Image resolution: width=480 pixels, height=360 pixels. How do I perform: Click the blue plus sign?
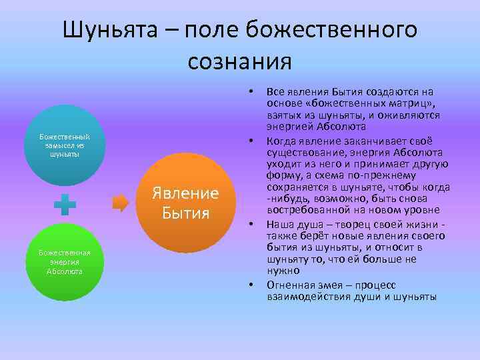tap(65, 205)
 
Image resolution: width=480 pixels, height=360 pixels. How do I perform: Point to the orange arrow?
tap(121, 204)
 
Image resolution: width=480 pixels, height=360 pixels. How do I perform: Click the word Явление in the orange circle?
tap(185, 193)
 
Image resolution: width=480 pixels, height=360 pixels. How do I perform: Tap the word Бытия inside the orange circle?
tap(185, 213)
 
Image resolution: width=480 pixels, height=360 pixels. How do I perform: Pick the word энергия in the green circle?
tap(64, 262)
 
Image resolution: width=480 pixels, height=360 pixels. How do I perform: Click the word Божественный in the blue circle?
tap(64, 137)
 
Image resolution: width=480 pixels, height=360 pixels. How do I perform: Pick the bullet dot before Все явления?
tap(251, 90)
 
